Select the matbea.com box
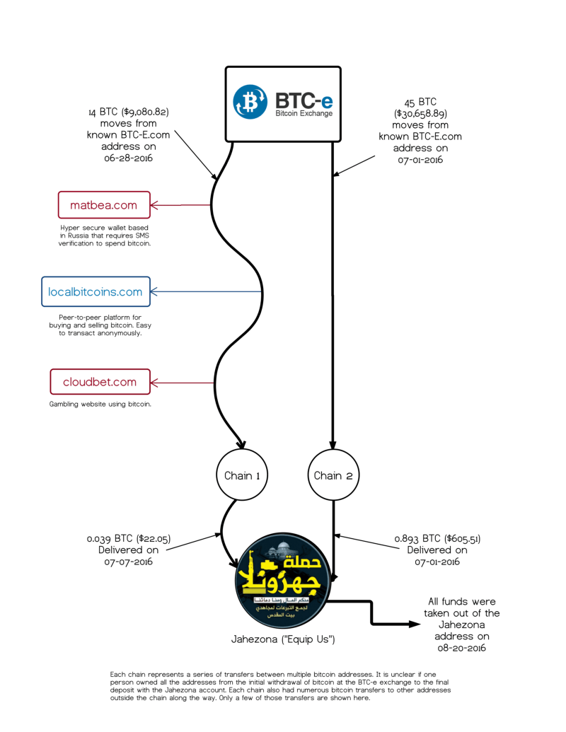(x=104, y=205)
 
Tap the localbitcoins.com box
(x=96, y=291)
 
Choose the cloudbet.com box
(x=100, y=382)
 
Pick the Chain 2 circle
(x=333, y=475)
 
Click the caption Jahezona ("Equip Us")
(x=283, y=639)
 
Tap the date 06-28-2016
(x=129, y=158)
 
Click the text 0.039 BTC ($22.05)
(x=128, y=538)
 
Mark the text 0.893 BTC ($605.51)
(x=437, y=538)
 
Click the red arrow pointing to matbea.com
(x=180, y=206)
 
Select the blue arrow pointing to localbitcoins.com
(x=205, y=291)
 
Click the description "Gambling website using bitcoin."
(x=100, y=405)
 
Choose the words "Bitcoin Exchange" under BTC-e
(x=304, y=113)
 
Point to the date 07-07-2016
(x=129, y=562)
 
